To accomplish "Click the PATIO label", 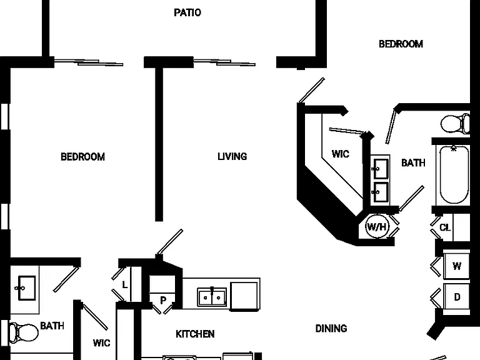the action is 187,12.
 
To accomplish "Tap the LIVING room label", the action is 232,156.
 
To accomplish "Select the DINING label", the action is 331,329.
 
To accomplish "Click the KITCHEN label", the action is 195,334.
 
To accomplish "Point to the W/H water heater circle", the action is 377,227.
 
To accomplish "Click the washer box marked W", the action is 456,266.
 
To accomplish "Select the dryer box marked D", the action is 456,297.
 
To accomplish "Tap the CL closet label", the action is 445,227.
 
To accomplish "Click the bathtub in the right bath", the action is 454,175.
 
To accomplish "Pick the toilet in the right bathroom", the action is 455,124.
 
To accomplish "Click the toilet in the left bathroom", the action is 23,332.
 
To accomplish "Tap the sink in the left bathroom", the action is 26,288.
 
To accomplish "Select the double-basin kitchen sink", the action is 212,297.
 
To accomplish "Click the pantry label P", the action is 163,300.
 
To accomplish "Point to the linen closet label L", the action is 124,285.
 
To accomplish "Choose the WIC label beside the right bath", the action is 341,154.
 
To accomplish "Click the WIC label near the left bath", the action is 101,343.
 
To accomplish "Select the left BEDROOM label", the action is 82,157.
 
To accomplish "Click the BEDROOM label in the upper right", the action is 401,44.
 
